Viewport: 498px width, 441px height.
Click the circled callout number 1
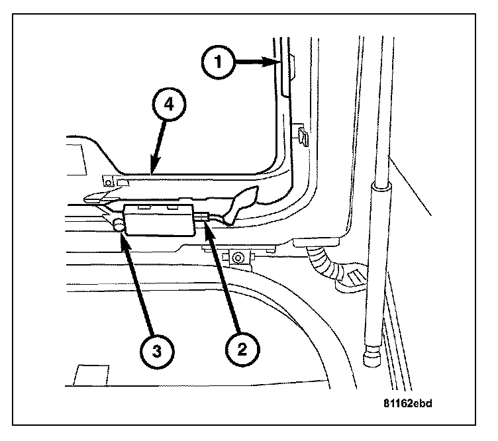(x=218, y=62)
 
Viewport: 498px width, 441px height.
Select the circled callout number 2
(x=242, y=350)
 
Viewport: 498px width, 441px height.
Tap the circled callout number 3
(x=156, y=352)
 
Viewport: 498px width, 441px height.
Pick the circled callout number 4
(x=169, y=104)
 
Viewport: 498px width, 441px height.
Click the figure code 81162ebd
(x=407, y=403)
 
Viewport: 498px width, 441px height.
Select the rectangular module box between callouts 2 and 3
(x=159, y=220)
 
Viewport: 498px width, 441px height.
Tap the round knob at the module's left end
(x=119, y=224)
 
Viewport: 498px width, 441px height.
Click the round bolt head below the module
(x=237, y=258)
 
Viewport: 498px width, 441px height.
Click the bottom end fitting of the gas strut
(x=372, y=356)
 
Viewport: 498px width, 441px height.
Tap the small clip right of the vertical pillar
(x=302, y=136)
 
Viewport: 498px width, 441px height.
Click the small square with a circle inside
(x=109, y=182)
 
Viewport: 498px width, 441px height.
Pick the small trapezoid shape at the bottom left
(x=91, y=375)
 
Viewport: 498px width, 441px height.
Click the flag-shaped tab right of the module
(x=242, y=203)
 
